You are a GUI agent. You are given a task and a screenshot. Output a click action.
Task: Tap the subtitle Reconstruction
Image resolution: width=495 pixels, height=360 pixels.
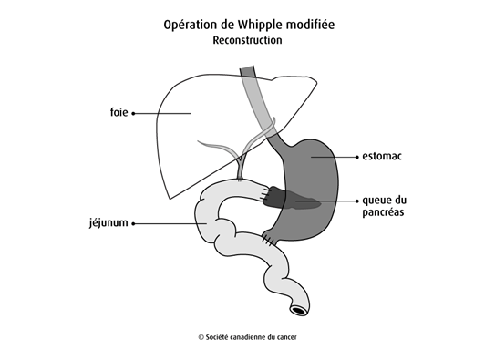(x=248, y=41)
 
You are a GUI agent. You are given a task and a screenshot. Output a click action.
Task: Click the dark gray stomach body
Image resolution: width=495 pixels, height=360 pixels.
(x=310, y=173)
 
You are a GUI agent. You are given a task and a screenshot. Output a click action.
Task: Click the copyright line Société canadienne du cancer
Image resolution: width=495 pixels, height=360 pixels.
(x=247, y=336)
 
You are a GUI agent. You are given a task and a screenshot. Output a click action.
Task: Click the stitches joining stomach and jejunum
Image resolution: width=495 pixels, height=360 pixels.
(x=270, y=239)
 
